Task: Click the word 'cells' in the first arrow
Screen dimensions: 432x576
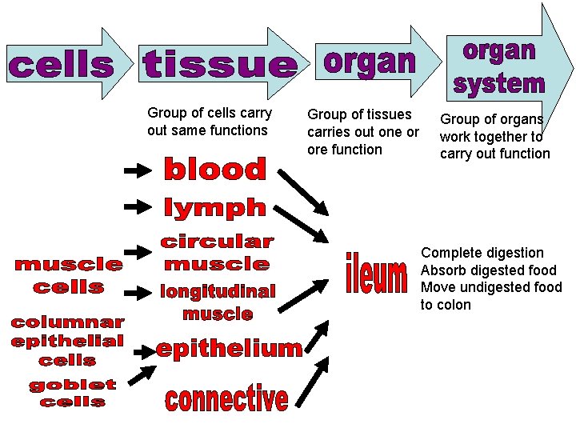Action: click(61, 66)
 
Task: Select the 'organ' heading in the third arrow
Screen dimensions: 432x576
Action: click(370, 62)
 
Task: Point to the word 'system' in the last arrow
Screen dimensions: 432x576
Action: click(499, 82)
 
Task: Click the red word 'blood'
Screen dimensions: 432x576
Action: click(214, 170)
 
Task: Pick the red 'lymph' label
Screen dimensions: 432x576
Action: click(214, 207)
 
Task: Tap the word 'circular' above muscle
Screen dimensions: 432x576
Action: click(217, 241)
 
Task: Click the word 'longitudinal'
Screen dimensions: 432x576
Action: click(217, 292)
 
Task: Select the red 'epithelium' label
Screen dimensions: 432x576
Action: click(230, 348)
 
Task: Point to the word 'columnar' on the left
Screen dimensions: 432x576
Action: click(67, 322)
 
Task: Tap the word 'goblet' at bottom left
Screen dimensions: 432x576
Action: click(73, 385)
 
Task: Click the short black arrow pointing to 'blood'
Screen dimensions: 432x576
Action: click(138, 170)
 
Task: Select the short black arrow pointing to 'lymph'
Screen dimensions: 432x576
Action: click(138, 206)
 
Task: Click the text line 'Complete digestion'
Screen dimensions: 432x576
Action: click(482, 253)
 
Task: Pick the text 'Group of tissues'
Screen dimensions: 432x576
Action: click(359, 114)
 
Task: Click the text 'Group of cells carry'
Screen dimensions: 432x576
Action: click(210, 113)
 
